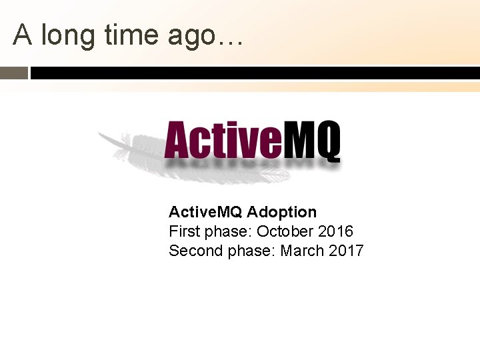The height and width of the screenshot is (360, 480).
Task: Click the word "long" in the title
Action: (x=67, y=36)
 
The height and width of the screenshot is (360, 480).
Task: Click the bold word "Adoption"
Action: (x=282, y=212)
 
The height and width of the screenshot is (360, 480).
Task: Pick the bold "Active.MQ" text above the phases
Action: (x=205, y=212)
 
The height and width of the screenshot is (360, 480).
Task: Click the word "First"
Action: (x=183, y=231)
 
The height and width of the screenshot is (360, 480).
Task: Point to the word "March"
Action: (x=302, y=251)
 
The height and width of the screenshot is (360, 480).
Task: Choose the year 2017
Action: (x=346, y=251)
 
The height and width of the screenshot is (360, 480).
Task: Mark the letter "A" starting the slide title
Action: (x=23, y=35)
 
